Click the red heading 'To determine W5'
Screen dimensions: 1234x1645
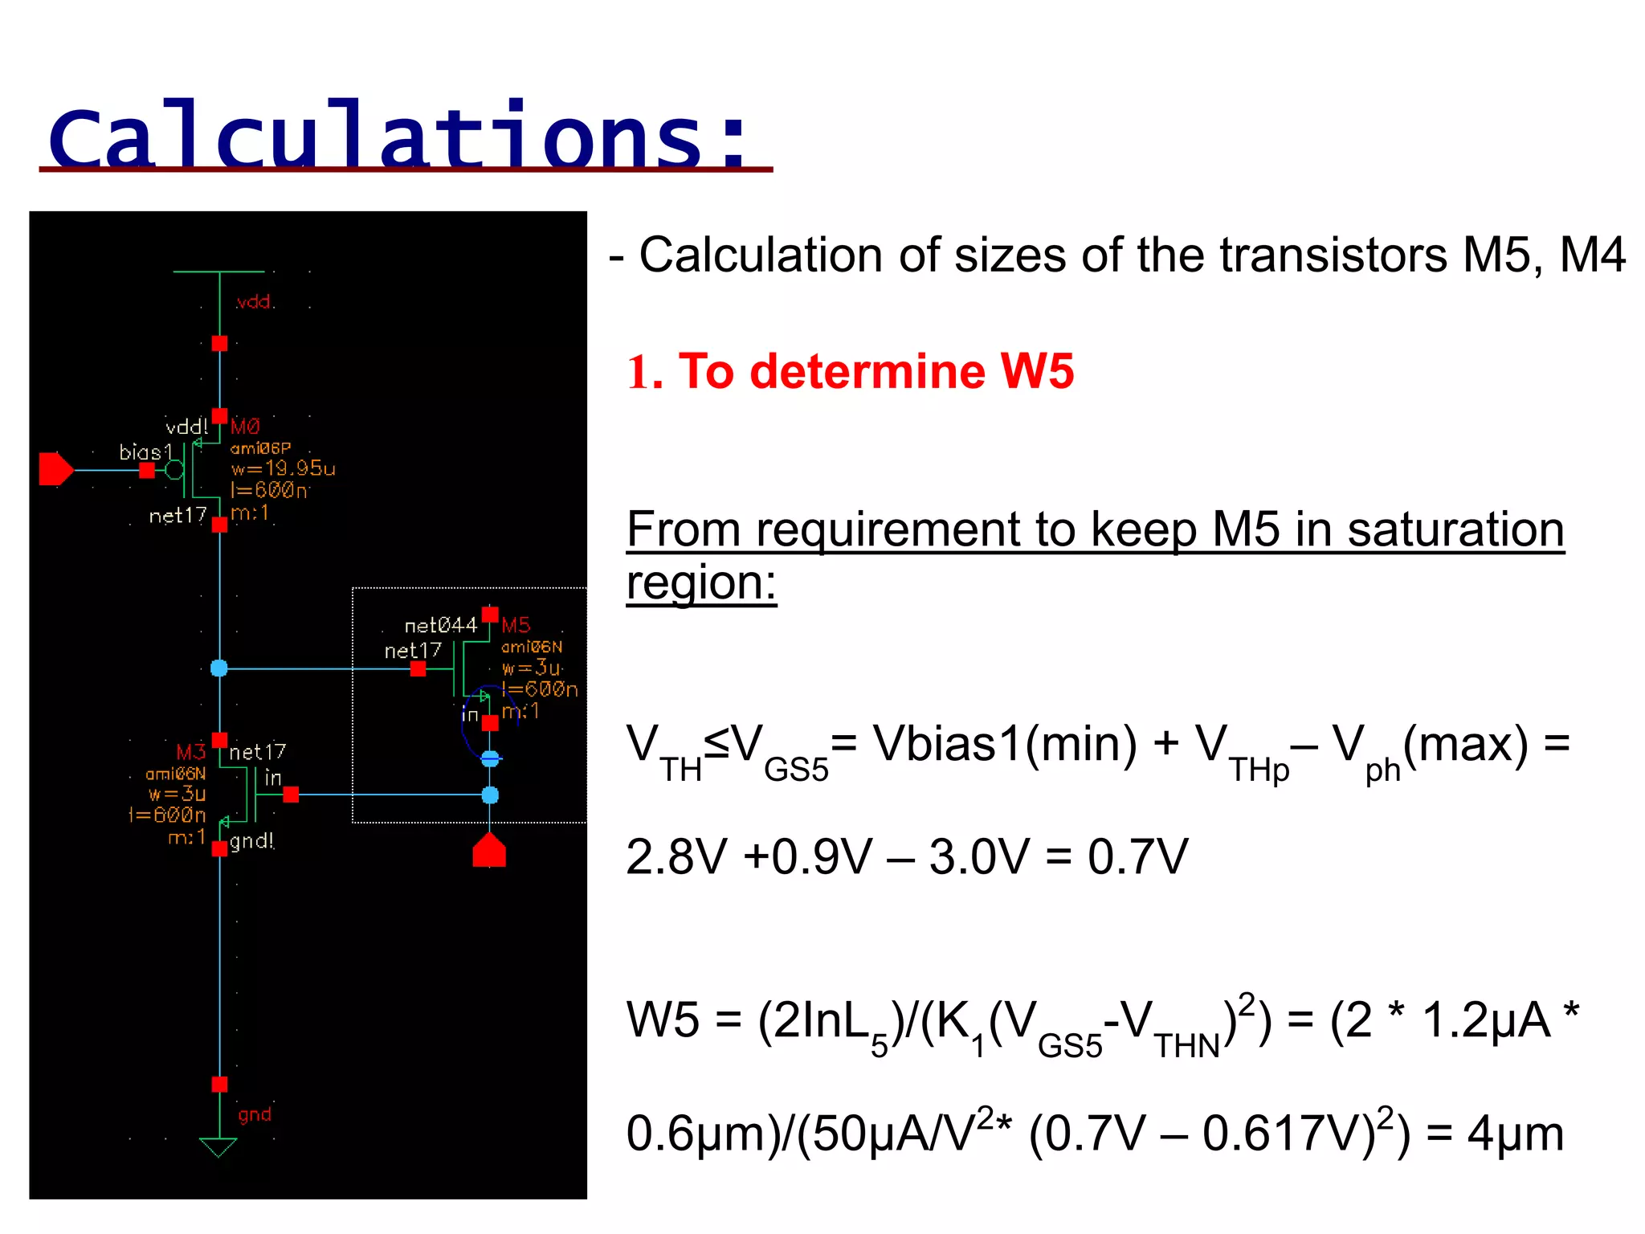875,372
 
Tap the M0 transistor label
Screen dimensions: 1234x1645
245,427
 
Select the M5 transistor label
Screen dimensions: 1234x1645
516,625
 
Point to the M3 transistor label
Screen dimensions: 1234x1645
190,752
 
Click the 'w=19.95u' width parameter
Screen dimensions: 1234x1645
283,468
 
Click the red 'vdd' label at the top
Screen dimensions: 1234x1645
254,302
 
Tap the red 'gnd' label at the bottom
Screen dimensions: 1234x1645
254,1114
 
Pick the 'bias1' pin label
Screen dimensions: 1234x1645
145,452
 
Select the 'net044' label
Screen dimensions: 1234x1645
440,625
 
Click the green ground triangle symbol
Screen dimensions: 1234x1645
218,1146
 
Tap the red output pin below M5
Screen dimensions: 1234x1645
489,851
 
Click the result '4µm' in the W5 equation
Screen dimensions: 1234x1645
1515,1134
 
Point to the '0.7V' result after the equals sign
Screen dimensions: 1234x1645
1137,857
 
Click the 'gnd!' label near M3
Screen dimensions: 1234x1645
251,841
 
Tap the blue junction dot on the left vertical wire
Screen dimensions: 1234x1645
219,668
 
